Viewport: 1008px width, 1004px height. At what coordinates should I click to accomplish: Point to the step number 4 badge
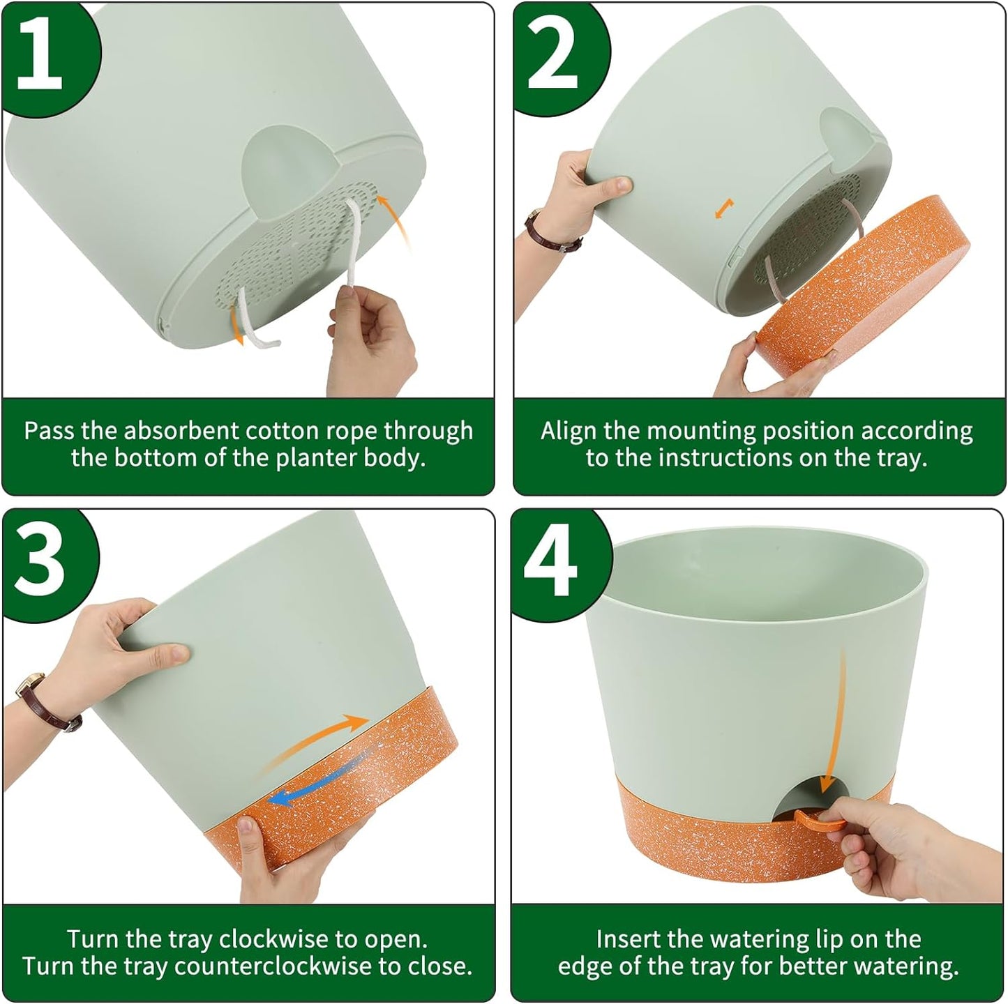pos(551,561)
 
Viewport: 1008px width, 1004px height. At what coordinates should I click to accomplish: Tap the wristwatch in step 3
pos(42,701)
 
